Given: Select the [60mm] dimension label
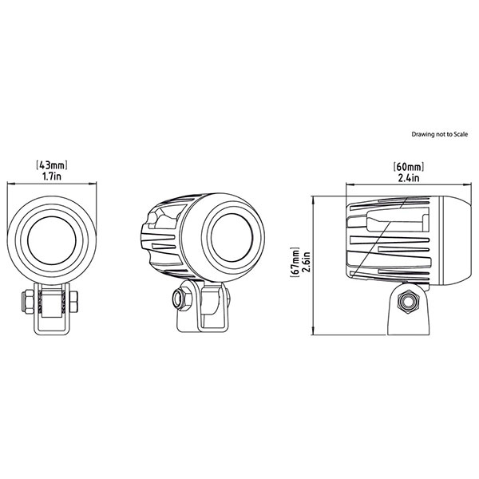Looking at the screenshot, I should [x=408, y=167].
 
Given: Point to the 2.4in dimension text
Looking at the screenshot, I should [x=408, y=178].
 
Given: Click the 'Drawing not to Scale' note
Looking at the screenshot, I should [x=437, y=135].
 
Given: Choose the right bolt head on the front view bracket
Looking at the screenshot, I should [x=73, y=303].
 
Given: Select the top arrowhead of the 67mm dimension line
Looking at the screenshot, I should [x=314, y=196].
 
